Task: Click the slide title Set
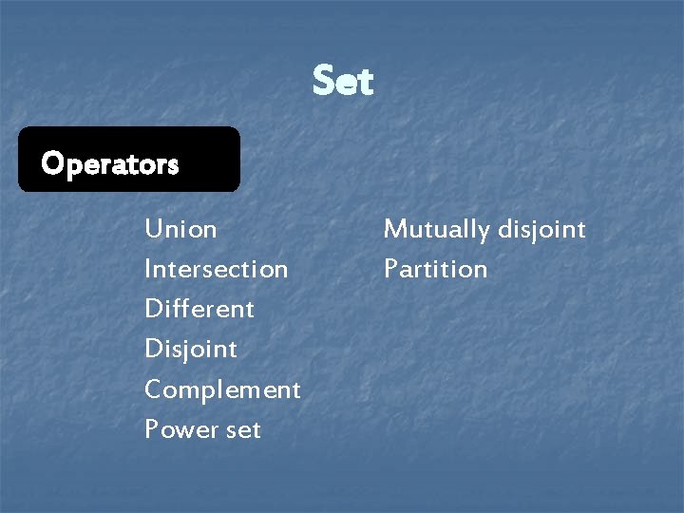(x=343, y=82)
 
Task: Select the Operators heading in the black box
(x=110, y=164)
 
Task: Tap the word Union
(x=180, y=229)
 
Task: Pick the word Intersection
(x=216, y=269)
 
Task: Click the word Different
(x=199, y=309)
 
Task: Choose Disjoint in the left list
(x=191, y=349)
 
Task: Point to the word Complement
(x=222, y=389)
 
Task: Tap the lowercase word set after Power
(x=243, y=430)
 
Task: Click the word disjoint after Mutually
(x=542, y=229)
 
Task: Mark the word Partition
(x=435, y=269)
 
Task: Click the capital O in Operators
(x=51, y=164)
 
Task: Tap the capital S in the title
(x=324, y=82)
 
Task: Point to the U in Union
(x=153, y=229)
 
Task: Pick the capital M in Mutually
(x=393, y=229)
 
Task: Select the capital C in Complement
(x=153, y=389)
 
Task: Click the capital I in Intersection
(x=148, y=269)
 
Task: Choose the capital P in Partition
(x=389, y=269)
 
